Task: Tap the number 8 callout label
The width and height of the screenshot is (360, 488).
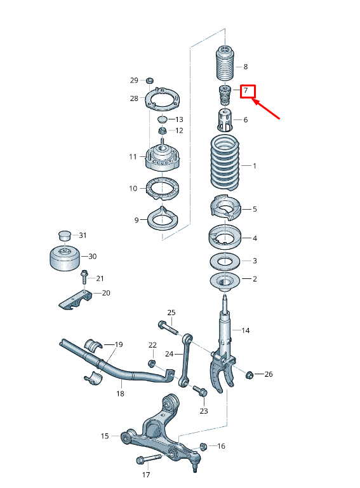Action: (246, 67)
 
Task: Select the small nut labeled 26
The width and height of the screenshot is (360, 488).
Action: (250, 374)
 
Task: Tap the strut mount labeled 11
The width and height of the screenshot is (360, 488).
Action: (161, 158)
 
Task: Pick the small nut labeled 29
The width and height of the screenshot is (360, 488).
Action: (150, 80)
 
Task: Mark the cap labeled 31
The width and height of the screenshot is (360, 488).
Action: (64, 234)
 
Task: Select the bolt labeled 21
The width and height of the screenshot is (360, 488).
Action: (84, 277)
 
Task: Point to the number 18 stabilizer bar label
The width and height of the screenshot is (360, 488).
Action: (119, 394)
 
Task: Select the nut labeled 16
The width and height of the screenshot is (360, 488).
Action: (204, 446)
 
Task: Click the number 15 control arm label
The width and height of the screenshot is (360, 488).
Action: (105, 436)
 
